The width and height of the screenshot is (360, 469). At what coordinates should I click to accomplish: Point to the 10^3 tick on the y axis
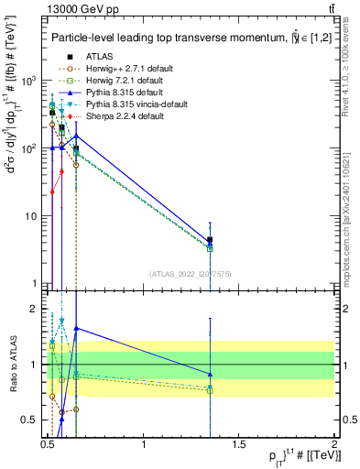click(27, 81)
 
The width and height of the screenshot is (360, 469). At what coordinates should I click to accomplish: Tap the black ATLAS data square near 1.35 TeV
click(211, 240)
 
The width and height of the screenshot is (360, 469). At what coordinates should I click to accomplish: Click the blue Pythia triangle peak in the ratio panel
click(76, 327)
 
